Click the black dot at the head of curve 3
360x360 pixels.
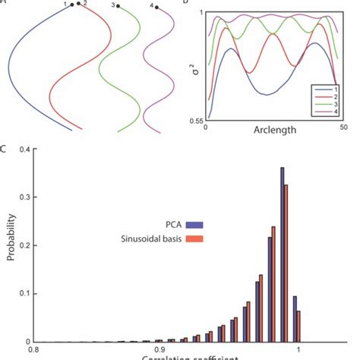[118, 6]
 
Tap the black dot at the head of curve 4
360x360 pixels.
[157, 8]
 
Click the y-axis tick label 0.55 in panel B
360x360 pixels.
[196, 121]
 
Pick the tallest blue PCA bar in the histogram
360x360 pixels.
[283, 254]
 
